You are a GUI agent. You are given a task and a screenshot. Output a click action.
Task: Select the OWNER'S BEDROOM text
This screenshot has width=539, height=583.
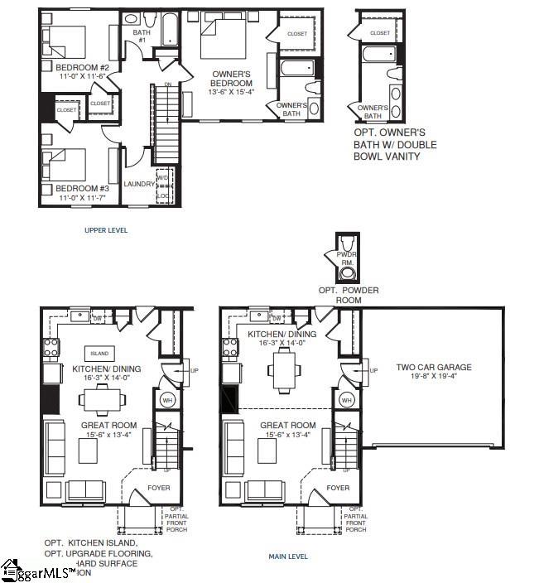[231, 79]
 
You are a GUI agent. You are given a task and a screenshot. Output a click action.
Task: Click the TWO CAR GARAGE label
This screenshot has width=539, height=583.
[433, 367]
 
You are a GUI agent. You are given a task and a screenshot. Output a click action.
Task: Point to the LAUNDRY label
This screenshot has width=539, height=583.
[139, 184]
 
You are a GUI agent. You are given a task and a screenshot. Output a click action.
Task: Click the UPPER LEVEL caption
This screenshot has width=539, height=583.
[106, 229]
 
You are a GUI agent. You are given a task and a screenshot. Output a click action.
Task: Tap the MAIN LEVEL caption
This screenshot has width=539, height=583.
[288, 556]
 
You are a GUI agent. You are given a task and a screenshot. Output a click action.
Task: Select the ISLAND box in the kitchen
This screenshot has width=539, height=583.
[99, 353]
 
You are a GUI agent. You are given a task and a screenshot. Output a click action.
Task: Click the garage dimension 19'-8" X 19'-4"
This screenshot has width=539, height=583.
[433, 376]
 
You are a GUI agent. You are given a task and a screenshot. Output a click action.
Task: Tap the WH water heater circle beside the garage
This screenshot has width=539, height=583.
[347, 399]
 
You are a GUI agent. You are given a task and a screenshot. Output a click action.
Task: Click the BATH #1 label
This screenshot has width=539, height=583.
[141, 36]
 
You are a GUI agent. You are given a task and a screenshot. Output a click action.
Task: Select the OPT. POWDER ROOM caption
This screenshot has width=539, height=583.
[349, 295]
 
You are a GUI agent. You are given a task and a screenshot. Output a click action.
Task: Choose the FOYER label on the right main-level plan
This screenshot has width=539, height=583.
[337, 489]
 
